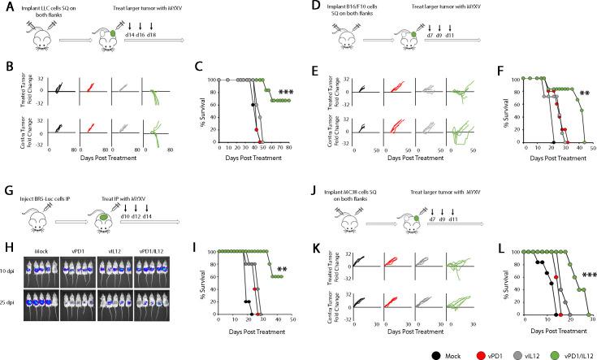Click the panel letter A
point(6,6)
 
